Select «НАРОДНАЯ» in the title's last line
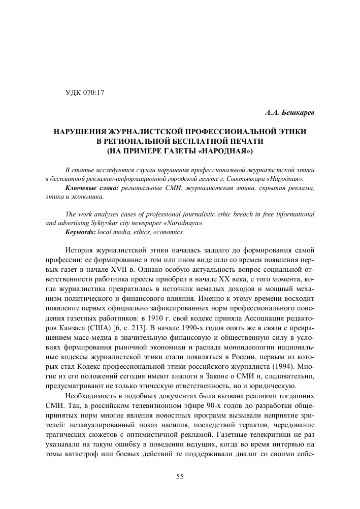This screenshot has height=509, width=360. tap(228, 151)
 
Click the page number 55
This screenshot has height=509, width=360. tap(180, 476)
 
